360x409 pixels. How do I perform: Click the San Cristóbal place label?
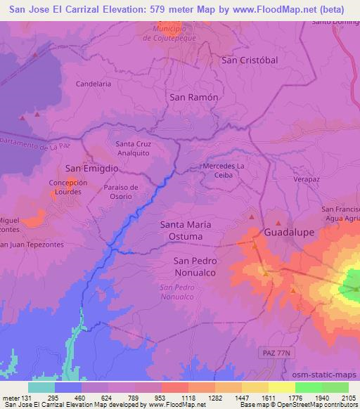click(x=250, y=60)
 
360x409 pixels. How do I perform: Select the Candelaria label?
click(x=94, y=84)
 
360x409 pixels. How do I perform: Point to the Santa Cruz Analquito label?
click(x=132, y=148)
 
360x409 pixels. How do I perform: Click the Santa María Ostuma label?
click(x=186, y=231)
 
